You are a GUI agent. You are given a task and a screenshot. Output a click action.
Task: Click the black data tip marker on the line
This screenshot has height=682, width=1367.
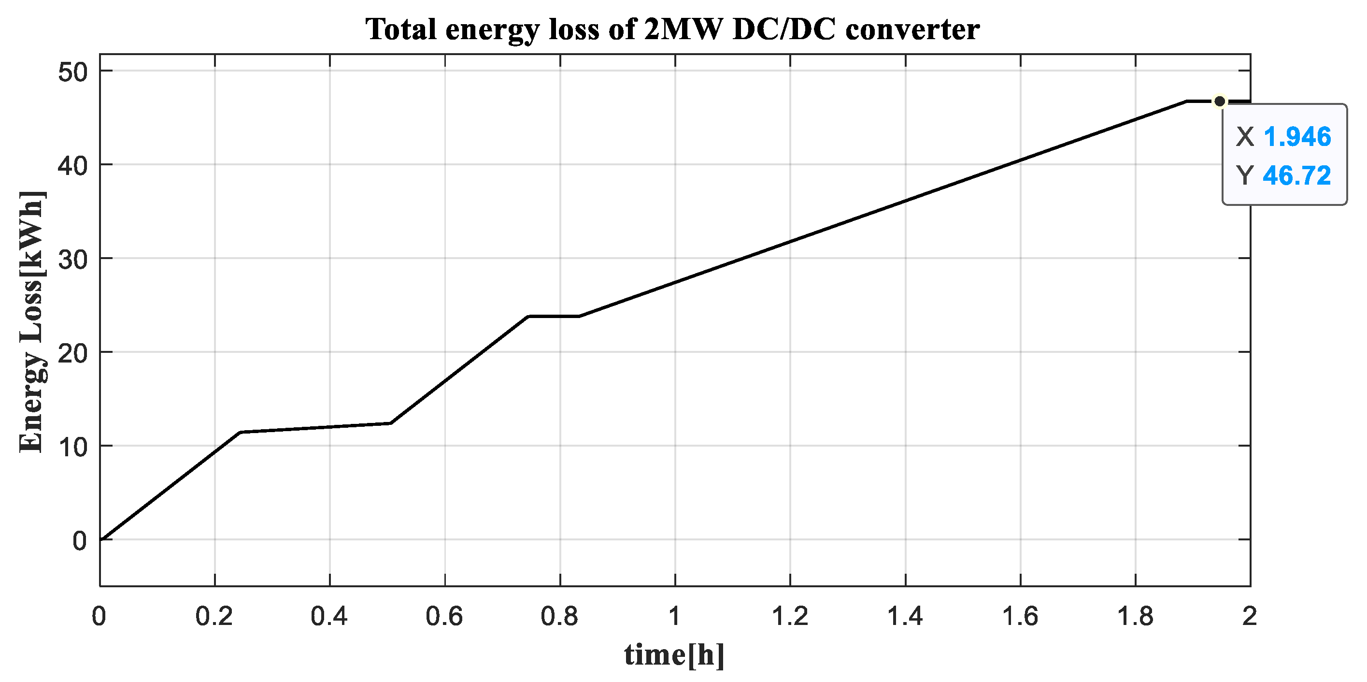[1220, 101]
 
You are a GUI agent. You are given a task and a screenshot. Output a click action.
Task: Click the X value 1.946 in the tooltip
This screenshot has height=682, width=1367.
[1297, 137]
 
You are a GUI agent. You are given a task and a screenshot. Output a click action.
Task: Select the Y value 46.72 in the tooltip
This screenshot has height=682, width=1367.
[1297, 175]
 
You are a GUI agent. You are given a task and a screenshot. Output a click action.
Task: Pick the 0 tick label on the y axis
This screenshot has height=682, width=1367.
[79, 541]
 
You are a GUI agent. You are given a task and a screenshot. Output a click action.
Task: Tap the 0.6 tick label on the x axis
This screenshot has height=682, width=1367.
[445, 617]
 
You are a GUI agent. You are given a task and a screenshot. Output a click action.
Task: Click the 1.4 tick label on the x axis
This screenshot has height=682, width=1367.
[905, 617]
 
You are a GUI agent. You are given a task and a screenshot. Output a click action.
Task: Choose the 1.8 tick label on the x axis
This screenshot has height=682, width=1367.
[1135, 617]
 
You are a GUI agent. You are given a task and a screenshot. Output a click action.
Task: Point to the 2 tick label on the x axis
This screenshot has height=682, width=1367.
[1250, 617]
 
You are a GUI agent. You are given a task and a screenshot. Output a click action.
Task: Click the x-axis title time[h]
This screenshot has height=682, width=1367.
[674, 654]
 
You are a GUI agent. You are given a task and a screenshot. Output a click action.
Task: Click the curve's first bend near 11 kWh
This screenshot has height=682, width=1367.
[241, 433]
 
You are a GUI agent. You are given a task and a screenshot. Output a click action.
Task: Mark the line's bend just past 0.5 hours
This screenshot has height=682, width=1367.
[391, 423]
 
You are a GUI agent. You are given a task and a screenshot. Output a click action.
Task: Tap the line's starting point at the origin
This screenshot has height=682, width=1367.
[101, 539]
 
